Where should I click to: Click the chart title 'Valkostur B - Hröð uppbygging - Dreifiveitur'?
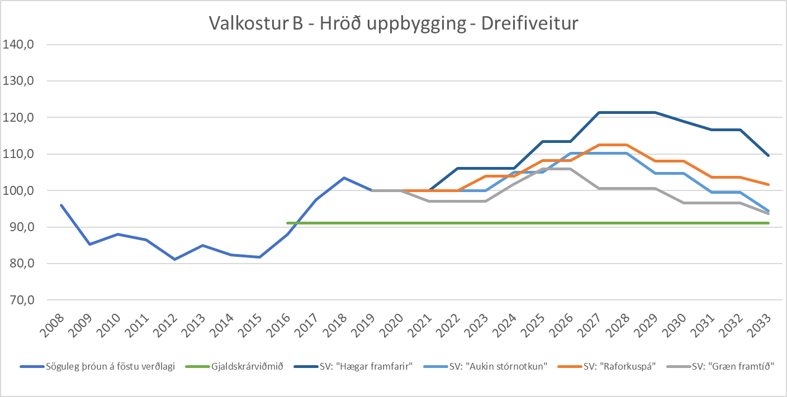click(393, 23)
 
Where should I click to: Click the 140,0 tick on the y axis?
click(19, 45)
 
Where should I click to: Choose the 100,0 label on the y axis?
click(19, 191)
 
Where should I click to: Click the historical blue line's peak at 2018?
click(344, 178)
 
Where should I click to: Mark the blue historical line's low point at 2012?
click(174, 259)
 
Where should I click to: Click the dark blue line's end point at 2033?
click(769, 155)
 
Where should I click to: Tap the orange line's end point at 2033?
click(769, 184)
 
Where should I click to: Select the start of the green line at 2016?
click(287, 223)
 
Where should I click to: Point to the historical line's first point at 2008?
click(61, 205)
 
